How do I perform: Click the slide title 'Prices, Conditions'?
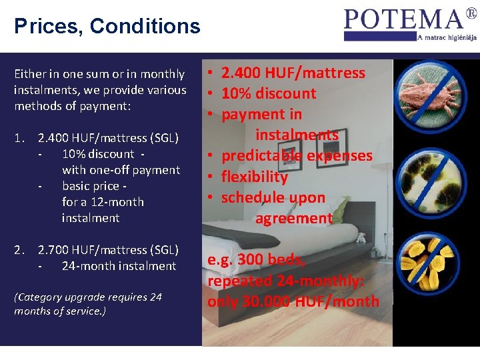[x=107, y=26]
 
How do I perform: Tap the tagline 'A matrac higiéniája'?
[x=446, y=37]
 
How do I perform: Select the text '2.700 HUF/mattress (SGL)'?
[x=108, y=250]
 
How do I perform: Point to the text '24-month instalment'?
[x=119, y=266]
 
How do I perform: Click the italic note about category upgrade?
[x=88, y=304]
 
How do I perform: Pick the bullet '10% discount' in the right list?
[x=268, y=93]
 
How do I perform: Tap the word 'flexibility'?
[x=254, y=177]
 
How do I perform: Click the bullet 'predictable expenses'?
[x=297, y=156]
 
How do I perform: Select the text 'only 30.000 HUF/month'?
[x=293, y=301]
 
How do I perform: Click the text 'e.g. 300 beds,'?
[x=257, y=259]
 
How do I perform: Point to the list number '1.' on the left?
[x=20, y=139]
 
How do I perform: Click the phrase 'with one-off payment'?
[x=121, y=170]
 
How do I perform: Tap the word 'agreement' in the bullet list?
[x=293, y=218]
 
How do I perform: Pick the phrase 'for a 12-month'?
[x=103, y=202]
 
